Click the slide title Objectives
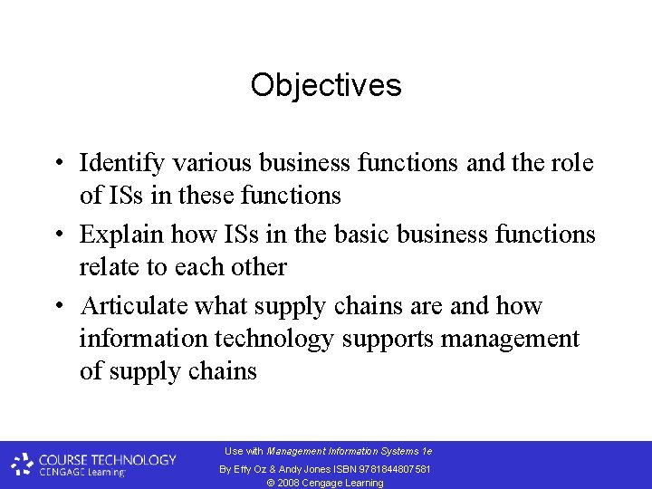pos(326,85)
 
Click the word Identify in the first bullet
pos(122,163)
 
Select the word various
pos(213,163)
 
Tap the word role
pos(574,163)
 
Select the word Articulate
pos(132,306)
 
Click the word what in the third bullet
pos(221,306)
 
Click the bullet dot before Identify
pos(57,164)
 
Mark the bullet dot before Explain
pos(57,235)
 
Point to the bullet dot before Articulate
pos(57,307)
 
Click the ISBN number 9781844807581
pos(393,469)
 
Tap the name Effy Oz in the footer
pos(249,469)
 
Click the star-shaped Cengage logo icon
pos(23,465)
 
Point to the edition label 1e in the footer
pos(427,451)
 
